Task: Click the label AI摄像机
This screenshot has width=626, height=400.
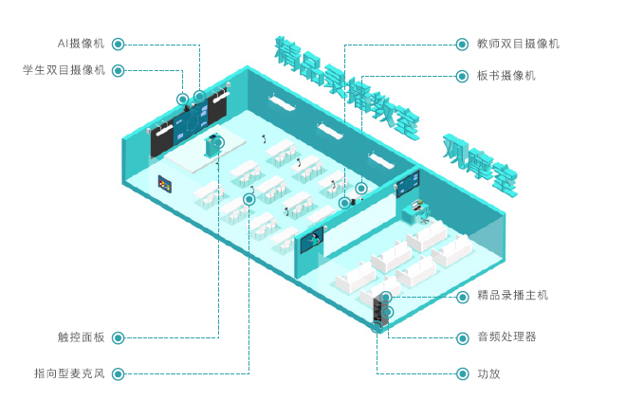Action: [80, 44]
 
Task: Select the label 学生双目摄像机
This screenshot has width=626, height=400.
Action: [64, 70]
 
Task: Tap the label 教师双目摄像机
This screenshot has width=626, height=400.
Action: [518, 44]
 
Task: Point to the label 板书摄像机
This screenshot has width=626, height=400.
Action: [506, 76]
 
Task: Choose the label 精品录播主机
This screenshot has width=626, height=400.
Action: [512, 296]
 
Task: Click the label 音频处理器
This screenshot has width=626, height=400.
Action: [506, 336]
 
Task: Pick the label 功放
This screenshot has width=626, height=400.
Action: [488, 373]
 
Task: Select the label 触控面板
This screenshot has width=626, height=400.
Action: [81, 336]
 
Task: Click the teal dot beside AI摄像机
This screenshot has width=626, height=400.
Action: [117, 44]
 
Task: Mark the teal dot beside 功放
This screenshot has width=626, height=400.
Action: [462, 373]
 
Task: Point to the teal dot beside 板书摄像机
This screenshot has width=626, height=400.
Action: [462, 76]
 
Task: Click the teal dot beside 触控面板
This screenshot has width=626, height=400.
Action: [117, 336]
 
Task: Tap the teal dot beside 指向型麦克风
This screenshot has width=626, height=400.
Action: [117, 373]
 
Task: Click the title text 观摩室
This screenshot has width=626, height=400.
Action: [480, 167]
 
